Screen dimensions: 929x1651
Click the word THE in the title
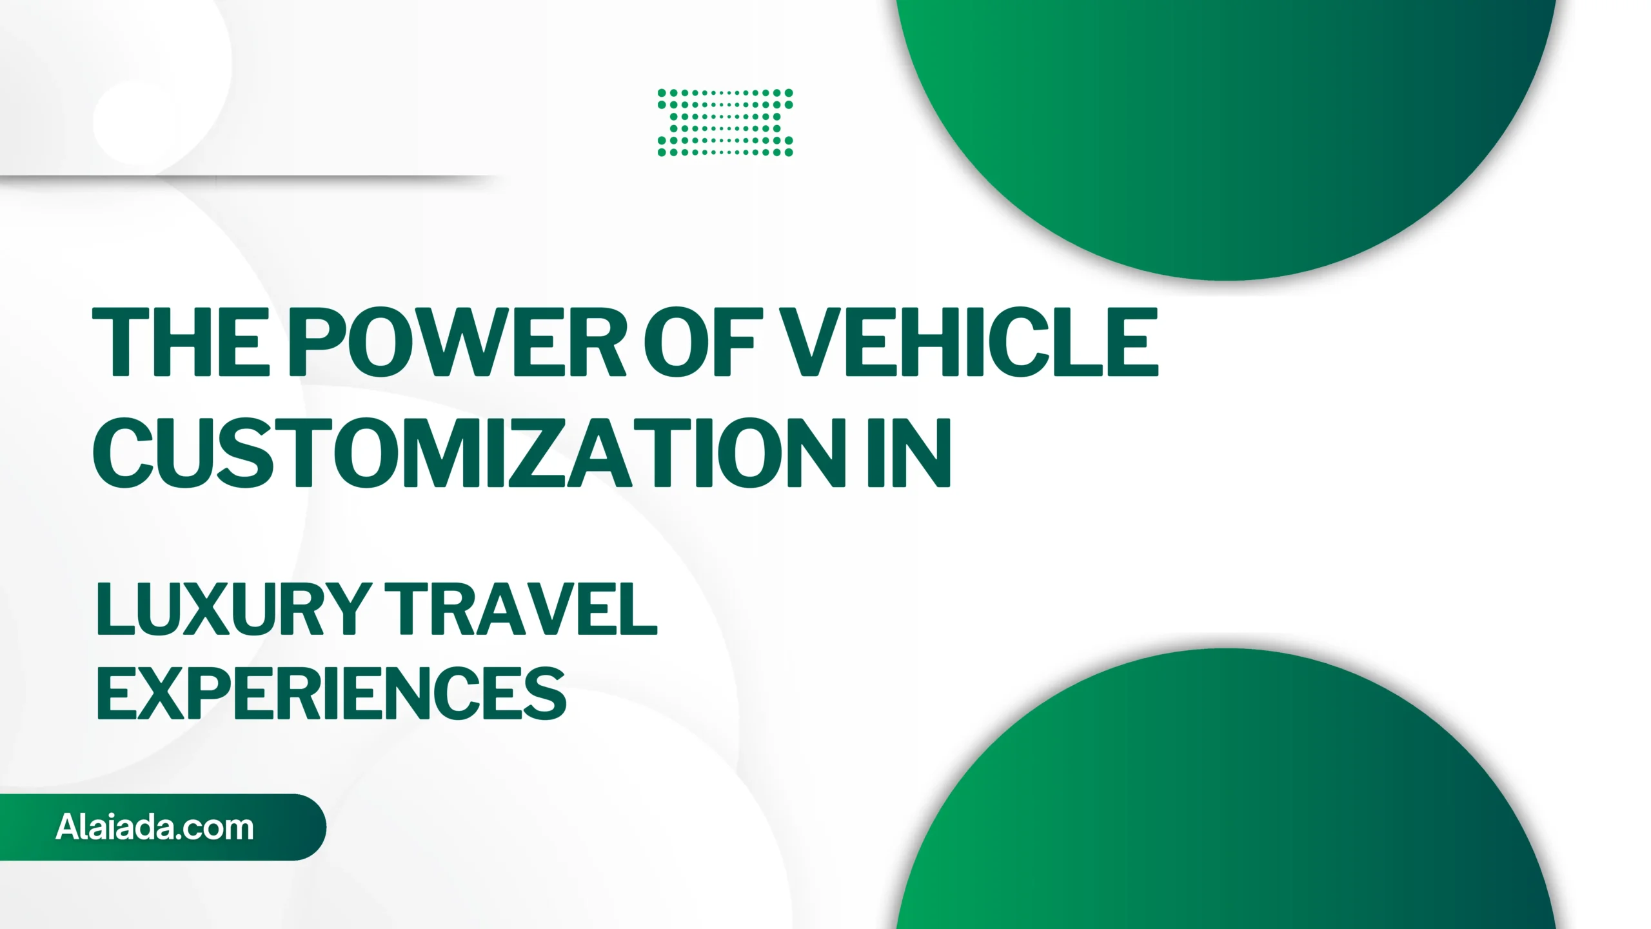pyautogui.click(x=181, y=341)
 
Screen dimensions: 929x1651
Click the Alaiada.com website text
pyautogui.click(x=155, y=827)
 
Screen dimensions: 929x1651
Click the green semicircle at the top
pyautogui.click(x=1225, y=129)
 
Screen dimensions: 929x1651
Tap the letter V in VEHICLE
pyautogui.click(x=809, y=341)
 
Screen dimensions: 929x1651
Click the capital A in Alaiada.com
pyautogui.click(x=67, y=827)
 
